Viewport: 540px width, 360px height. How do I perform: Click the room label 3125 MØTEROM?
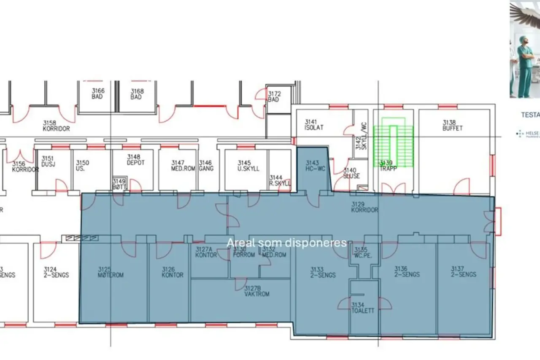click(111, 272)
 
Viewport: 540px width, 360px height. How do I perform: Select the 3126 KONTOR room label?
click(173, 272)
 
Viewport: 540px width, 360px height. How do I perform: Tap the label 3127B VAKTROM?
click(256, 291)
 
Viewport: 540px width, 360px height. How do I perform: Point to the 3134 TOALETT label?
click(363, 307)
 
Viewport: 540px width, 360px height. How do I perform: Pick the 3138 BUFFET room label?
click(452, 125)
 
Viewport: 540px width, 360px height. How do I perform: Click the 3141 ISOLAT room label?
click(314, 125)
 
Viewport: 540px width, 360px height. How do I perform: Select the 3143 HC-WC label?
click(315, 165)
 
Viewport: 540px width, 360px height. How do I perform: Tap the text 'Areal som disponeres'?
click(286, 243)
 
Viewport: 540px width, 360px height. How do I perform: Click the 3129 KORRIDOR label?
click(365, 207)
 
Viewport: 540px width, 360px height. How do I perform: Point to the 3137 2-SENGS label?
click(463, 271)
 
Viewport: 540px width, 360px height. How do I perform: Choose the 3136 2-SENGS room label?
click(407, 271)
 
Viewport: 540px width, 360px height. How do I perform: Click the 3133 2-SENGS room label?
click(323, 272)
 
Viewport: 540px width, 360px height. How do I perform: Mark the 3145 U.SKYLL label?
click(248, 166)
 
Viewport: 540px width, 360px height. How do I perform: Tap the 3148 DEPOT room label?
click(136, 160)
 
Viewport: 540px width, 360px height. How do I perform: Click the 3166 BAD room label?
click(98, 94)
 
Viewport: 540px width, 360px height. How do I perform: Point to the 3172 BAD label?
click(274, 97)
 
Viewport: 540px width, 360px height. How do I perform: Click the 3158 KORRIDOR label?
click(56, 126)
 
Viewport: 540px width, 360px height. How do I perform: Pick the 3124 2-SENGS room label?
click(56, 272)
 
